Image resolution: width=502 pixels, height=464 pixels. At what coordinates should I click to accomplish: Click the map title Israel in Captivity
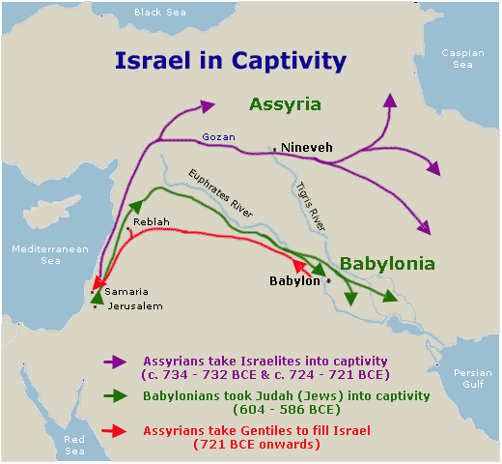pyautogui.click(x=230, y=61)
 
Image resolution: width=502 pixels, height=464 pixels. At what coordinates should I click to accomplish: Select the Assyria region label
pyautogui.click(x=285, y=103)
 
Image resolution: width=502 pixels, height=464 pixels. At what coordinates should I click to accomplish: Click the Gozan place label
pyautogui.click(x=217, y=136)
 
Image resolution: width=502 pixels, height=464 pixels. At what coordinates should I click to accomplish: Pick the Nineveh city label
pyautogui.click(x=306, y=147)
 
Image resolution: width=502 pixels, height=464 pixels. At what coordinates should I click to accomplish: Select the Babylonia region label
pyautogui.click(x=387, y=263)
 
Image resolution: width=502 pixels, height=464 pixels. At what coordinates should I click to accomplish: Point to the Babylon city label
pyautogui.click(x=293, y=281)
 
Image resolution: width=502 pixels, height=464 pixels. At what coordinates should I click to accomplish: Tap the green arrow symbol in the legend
pyautogui.click(x=115, y=395)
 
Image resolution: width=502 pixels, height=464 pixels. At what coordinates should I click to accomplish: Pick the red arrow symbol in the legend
pyautogui.click(x=115, y=430)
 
